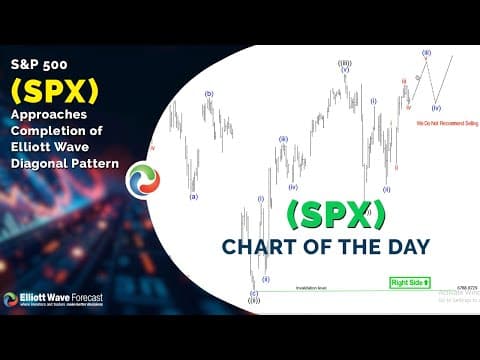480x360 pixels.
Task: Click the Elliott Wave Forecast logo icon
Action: pyautogui.click(x=12, y=298)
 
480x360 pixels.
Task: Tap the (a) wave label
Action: pyautogui.click(x=193, y=196)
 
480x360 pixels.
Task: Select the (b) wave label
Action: pyautogui.click(x=209, y=94)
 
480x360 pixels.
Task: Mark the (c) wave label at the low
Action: pyautogui.click(x=253, y=293)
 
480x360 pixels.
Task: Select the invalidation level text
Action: pyautogui.click(x=311, y=287)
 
